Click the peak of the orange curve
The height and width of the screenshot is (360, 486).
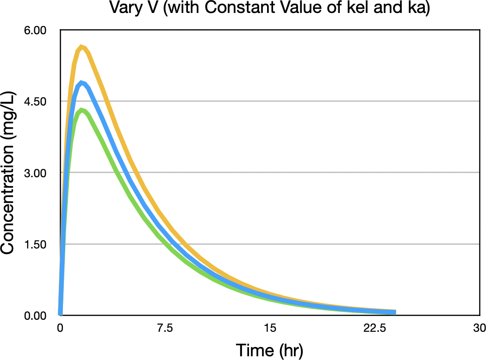coord(81,47)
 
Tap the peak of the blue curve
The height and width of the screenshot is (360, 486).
coord(82,83)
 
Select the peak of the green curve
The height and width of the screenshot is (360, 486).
coord(82,110)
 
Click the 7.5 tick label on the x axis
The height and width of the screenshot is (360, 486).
coord(165,328)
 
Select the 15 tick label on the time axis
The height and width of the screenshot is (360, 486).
coord(270,328)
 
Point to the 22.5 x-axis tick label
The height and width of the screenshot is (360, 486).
coord(375,328)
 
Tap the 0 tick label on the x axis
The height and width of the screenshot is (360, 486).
coord(60,328)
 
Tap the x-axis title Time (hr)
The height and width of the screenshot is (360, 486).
coord(269,349)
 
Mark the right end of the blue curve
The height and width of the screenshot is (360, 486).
coord(394,313)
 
